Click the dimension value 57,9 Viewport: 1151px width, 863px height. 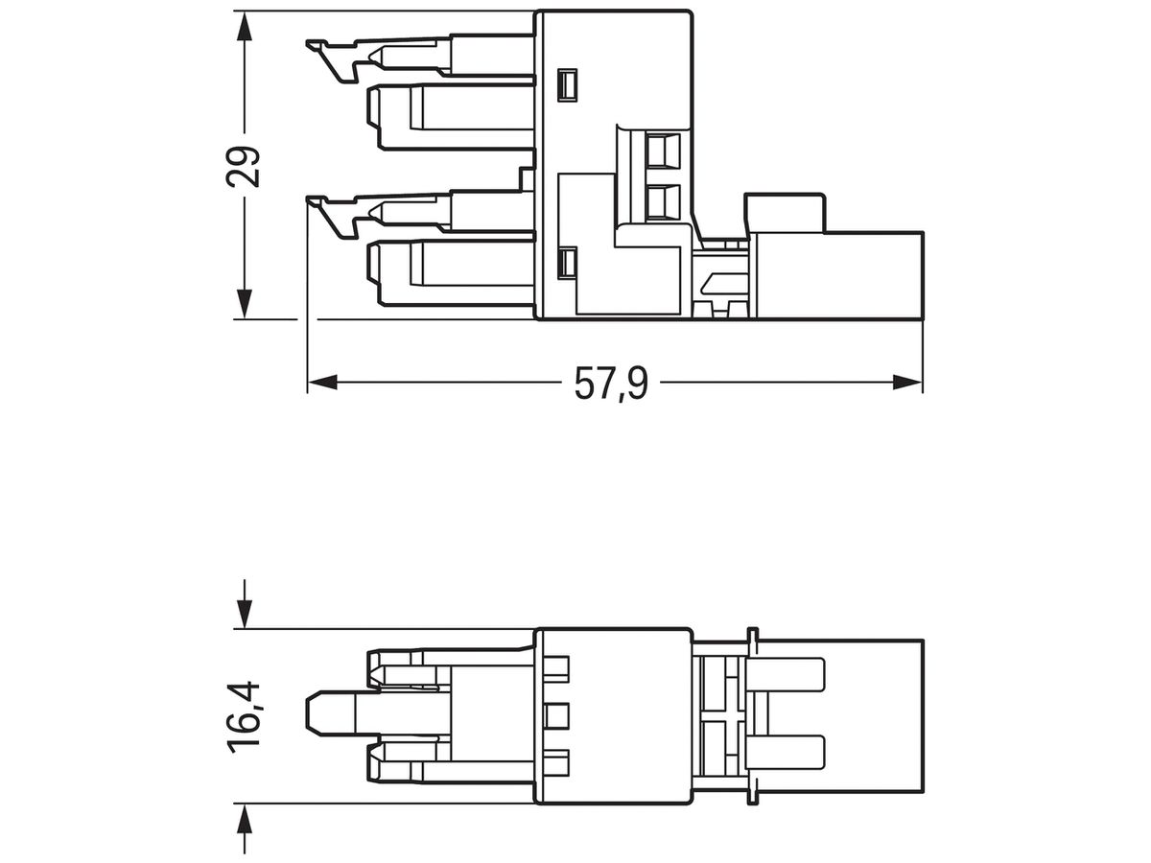pyautogui.click(x=611, y=384)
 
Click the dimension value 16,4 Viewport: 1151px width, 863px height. pyautogui.click(x=246, y=716)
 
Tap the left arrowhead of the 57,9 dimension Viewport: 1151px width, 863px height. pyautogui.click(x=321, y=383)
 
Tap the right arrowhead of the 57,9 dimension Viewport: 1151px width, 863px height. pyautogui.click(x=907, y=383)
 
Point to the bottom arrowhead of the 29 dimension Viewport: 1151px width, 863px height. pyautogui.click(x=246, y=305)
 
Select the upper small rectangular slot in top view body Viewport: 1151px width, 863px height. pyautogui.click(x=567, y=85)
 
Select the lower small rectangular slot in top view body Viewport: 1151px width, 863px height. pyautogui.click(x=567, y=263)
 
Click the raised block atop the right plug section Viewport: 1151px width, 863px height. pyautogui.click(x=785, y=211)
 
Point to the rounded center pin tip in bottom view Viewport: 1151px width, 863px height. pyautogui.click(x=314, y=713)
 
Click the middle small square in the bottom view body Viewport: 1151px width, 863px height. pyautogui.click(x=555, y=713)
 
